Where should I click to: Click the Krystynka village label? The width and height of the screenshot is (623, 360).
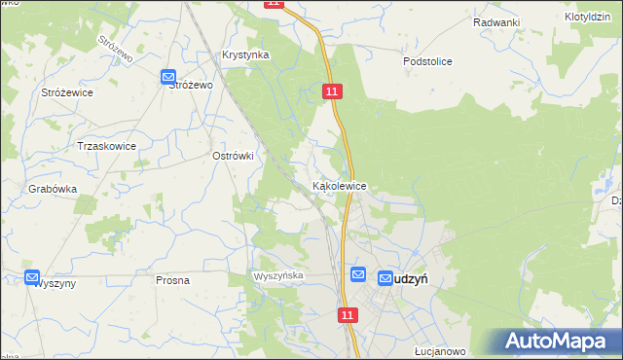245,55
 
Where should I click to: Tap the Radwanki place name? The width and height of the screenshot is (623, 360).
496,22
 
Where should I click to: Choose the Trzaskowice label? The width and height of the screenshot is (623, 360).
106,146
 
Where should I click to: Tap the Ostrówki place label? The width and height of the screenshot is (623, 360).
233,155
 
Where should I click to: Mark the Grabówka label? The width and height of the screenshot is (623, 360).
53,190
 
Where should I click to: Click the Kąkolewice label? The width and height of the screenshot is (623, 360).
339,185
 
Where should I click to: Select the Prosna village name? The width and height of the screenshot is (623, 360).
172,279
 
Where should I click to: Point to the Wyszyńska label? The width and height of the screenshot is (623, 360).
279,276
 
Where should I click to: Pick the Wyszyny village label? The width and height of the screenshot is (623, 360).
55,284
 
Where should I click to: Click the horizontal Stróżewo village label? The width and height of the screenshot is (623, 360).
191,85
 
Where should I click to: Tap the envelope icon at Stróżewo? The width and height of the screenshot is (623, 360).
167,76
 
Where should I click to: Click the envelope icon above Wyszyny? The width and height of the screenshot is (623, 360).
32,277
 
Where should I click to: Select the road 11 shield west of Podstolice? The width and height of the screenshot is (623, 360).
333,90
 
